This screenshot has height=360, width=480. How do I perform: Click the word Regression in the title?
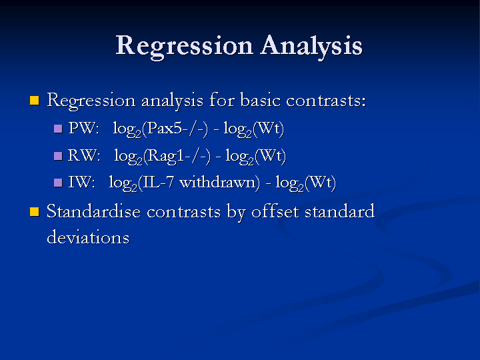tap(184, 46)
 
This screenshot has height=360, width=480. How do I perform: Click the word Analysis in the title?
tap(311, 46)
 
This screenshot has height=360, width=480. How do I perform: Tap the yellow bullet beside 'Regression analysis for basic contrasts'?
tap(35, 101)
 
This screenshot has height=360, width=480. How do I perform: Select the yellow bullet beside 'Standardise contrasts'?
tap(35, 211)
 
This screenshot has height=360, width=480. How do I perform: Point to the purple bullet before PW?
tap(58, 128)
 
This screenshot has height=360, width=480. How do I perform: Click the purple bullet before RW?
tap(58, 156)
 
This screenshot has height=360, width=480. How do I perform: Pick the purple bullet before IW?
tap(58, 183)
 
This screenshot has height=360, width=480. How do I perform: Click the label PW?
tap(84, 128)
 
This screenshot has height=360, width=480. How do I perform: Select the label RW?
tap(84, 155)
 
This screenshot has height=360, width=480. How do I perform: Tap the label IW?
tap(82, 183)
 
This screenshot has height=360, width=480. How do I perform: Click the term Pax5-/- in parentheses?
tap(175, 128)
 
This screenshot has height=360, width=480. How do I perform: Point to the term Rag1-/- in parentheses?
tap(177, 156)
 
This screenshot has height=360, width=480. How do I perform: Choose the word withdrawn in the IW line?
tap(217, 183)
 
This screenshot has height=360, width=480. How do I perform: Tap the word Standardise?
tap(93, 211)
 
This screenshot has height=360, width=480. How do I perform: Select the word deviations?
tap(88, 237)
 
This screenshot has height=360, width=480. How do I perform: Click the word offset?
tap(275, 211)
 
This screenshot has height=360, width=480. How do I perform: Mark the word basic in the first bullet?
tap(260, 100)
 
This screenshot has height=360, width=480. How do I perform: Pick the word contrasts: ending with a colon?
tap(326, 101)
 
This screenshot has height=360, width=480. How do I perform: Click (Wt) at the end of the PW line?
tap(269, 129)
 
